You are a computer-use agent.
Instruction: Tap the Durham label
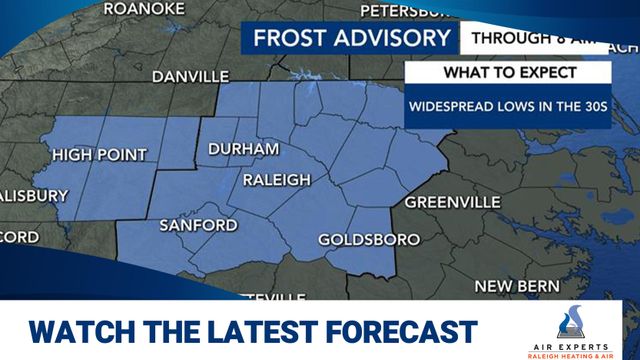pos(243,149)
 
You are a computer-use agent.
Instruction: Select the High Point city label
pos(99,155)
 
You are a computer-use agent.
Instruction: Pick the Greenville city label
pos(452,202)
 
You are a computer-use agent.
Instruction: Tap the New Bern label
pos(517,287)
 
